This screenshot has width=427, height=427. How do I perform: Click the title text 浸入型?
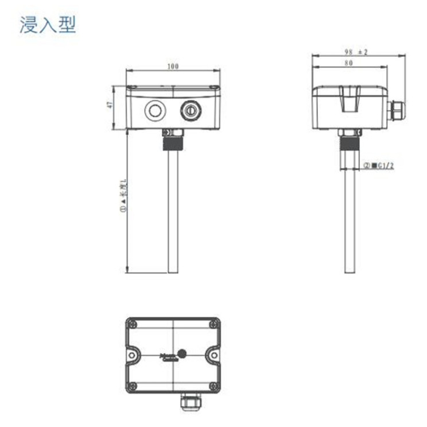48,25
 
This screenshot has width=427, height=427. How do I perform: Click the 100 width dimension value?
173,66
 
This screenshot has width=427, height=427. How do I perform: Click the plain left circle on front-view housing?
154,110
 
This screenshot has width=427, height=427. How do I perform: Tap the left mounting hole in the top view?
132,356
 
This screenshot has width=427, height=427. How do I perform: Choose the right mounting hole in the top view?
214,356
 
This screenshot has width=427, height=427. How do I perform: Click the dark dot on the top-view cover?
183,354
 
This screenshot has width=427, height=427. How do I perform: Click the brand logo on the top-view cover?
170,356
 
